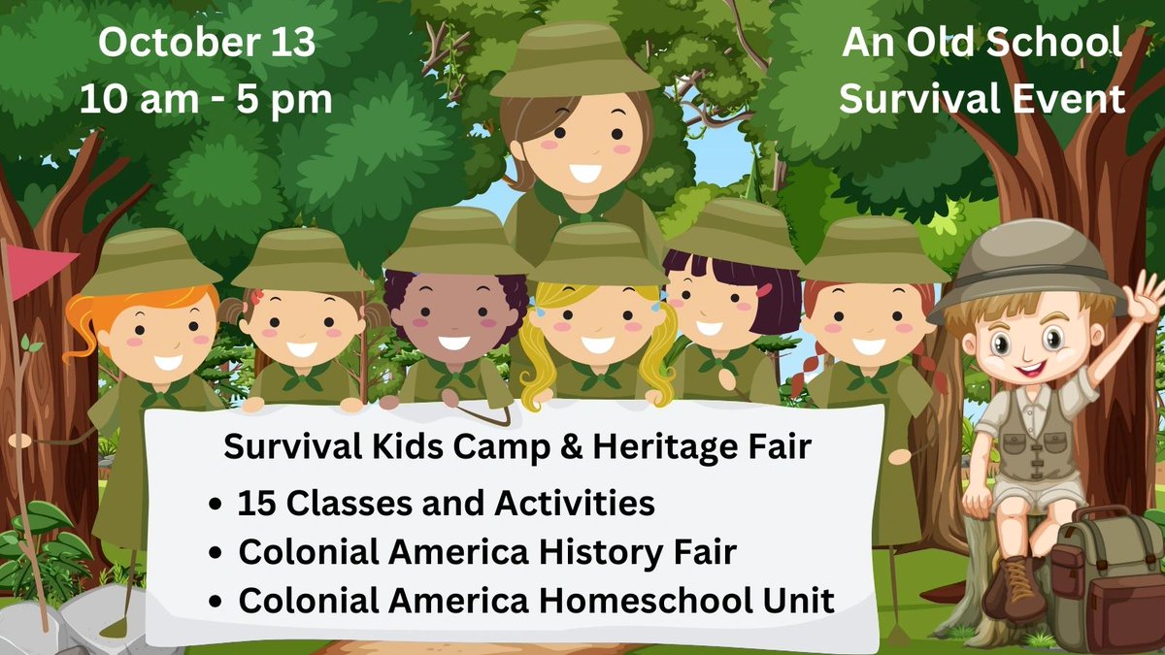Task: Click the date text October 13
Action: [206, 45]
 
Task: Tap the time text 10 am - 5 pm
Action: [206, 99]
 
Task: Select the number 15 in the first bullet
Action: [256, 505]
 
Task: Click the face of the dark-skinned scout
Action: [454, 320]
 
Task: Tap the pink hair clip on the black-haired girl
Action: [765, 289]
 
